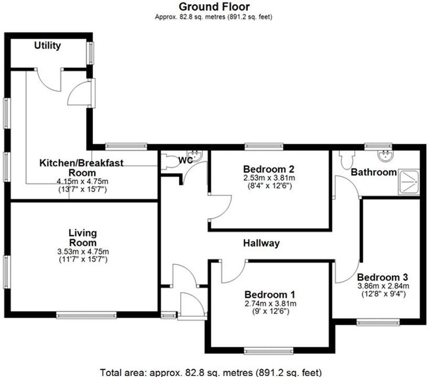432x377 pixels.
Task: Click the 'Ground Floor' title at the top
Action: [214, 7]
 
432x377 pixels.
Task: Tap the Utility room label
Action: [48, 46]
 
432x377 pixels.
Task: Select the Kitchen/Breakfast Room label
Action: [82, 168]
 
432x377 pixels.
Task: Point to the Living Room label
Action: [82, 238]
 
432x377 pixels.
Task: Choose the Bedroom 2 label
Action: [268, 169]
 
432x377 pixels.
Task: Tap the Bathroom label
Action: [373, 172]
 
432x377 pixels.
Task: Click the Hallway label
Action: [261, 243]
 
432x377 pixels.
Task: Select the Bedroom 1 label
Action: [266, 294]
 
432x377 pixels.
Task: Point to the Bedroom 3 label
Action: [382, 277]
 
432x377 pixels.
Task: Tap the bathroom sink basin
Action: [386, 154]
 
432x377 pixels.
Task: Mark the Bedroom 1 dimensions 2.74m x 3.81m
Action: [271, 304]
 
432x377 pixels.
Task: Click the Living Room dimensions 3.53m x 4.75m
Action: [82, 251]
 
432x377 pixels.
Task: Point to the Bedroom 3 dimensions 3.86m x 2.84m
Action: [383, 286]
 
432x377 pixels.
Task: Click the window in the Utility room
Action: [91, 52]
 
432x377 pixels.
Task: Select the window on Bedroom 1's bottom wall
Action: [268, 350]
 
